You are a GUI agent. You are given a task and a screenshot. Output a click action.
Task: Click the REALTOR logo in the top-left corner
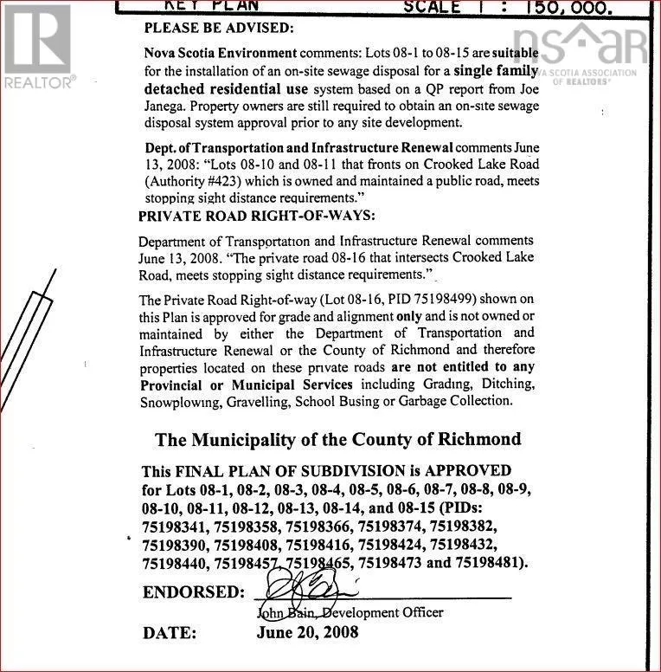(37, 44)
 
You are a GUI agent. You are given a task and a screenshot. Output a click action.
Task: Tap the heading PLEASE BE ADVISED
(218, 29)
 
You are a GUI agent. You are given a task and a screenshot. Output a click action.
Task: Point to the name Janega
(165, 106)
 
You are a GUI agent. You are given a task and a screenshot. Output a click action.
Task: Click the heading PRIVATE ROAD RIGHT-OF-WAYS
(257, 216)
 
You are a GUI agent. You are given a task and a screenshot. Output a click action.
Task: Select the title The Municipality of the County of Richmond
(337, 439)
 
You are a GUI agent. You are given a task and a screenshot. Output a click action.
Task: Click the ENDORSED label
(193, 592)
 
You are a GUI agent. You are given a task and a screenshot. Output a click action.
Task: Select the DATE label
(170, 633)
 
